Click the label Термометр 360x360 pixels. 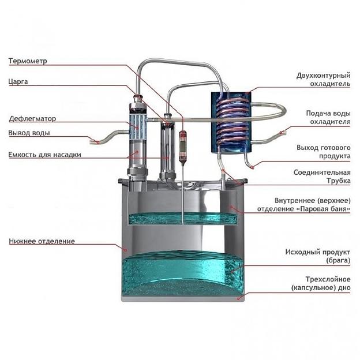pos(28,61)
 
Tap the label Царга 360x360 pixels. pos(18,81)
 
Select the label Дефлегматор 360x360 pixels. pos(32,119)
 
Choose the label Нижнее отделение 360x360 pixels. pos(42,241)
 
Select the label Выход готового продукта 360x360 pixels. pos(323,152)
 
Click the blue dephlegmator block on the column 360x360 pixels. pos(137,121)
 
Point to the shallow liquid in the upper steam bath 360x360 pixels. pos(182,218)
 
